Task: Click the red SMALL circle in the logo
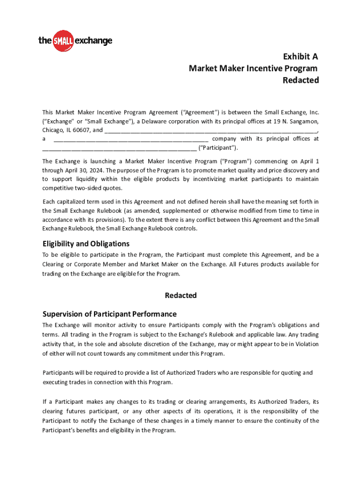pos(63,41)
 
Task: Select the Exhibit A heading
pos(301,57)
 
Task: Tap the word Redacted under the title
pos(301,80)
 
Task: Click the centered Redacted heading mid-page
pos(180,295)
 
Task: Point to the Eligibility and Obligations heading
pos(86,244)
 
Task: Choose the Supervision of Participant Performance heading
pos(109,314)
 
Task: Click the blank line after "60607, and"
pos(213,131)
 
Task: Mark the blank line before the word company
pos(131,139)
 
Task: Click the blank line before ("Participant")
pos(119,148)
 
